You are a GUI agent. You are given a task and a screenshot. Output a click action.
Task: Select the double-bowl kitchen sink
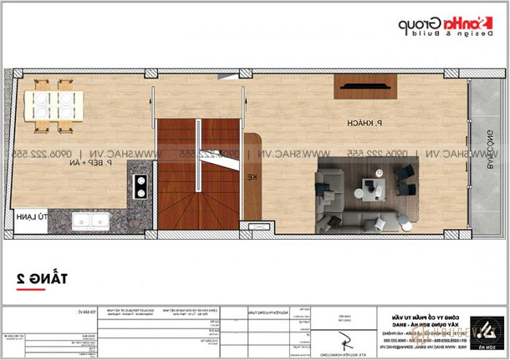(x=91, y=221)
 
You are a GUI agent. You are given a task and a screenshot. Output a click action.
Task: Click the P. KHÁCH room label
(x=365, y=125)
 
